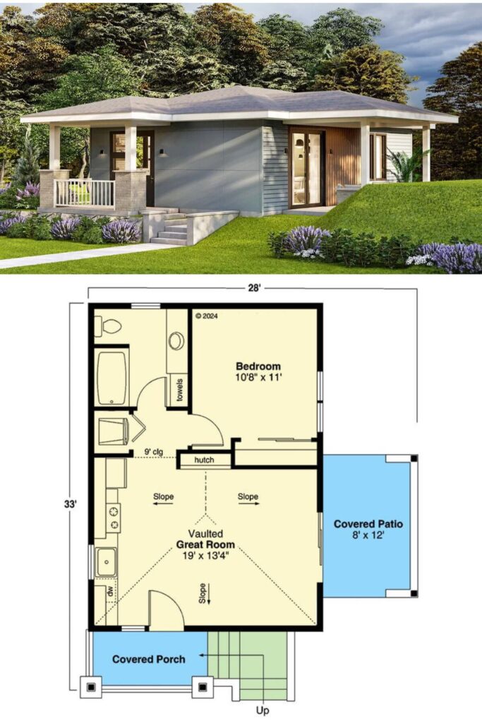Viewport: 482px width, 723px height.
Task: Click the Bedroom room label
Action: tap(258, 366)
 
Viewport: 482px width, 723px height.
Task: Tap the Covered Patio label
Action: tap(368, 524)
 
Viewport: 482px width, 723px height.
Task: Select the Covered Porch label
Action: tap(149, 659)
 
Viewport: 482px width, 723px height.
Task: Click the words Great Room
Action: tap(205, 544)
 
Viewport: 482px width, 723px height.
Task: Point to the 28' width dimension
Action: tap(254, 289)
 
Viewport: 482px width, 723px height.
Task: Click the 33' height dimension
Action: tap(70, 504)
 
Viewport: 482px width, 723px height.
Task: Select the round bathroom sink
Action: tap(176, 341)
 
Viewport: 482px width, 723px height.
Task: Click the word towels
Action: tap(180, 390)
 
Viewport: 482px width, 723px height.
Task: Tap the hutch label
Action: tap(204, 460)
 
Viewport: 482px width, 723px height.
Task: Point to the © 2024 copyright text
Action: tap(207, 316)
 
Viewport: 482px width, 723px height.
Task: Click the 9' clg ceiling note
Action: tap(153, 452)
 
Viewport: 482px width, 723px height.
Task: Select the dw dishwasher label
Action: tap(111, 592)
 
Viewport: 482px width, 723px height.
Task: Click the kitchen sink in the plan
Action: tap(107, 562)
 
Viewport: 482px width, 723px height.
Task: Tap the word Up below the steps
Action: tap(263, 710)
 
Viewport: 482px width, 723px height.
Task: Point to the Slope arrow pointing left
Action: tap(163, 503)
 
